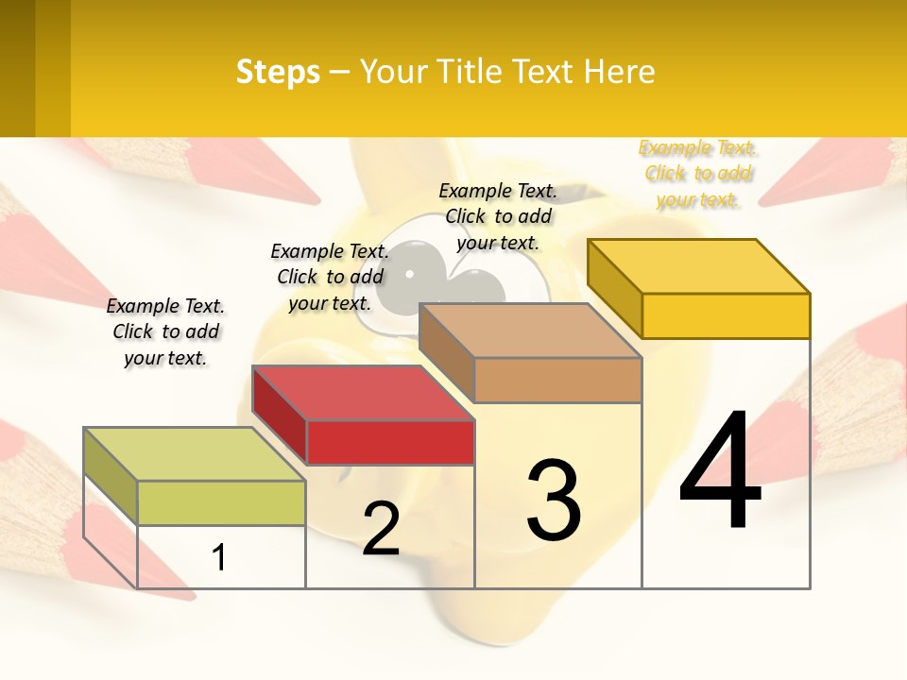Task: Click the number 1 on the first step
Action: [219, 557]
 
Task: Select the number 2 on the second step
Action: [381, 528]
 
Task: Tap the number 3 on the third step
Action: [554, 500]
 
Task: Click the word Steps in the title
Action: [278, 72]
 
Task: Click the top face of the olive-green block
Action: [195, 454]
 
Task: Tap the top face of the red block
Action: [363, 393]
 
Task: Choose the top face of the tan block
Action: [530, 331]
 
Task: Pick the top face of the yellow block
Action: [698, 266]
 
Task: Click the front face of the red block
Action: [390, 443]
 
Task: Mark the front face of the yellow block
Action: [726, 315]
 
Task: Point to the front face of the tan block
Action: [557, 380]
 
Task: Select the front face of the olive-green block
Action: [221, 502]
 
